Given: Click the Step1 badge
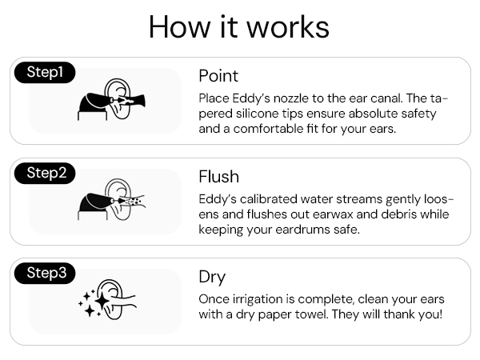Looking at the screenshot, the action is tap(45, 73).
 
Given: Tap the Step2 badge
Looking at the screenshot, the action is tap(45, 174).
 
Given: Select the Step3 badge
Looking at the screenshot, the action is tap(45, 273).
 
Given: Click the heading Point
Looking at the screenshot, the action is tap(218, 76).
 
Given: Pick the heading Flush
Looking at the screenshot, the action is tap(218, 177).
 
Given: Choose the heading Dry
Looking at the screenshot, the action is tap(212, 278).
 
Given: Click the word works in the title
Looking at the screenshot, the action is tap(288, 27).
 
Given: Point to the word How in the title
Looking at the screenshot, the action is tap(180, 27).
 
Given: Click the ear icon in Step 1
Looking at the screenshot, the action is tap(118, 98).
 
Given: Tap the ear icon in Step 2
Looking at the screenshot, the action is tap(118, 199).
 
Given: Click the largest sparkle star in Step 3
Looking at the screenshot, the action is tap(102, 302).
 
